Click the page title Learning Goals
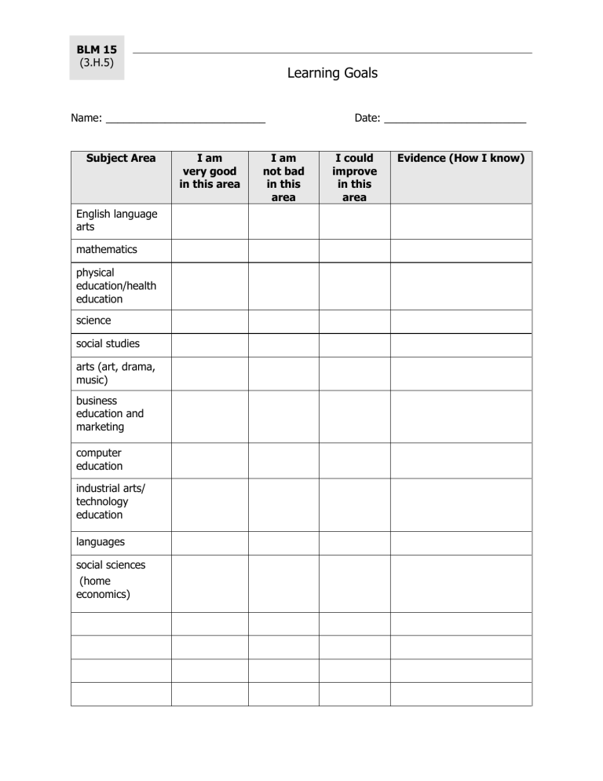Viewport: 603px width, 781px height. coord(332,73)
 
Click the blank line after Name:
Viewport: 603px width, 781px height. coord(185,119)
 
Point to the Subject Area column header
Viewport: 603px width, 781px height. coord(121,158)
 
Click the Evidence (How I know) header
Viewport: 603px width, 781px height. coord(461,158)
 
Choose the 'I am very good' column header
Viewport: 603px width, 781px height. coord(210,171)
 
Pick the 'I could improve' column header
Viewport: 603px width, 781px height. coord(354,178)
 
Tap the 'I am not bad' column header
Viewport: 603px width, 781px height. coord(283,178)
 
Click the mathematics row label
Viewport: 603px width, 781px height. coord(107,250)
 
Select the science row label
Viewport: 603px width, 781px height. coord(93,321)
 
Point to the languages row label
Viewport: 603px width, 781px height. coord(100,541)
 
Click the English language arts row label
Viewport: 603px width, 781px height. coord(116,220)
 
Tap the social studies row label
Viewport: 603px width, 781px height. coord(108,344)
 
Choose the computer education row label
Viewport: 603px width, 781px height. coord(99,460)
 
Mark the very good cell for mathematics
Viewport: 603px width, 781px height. coord(210,251)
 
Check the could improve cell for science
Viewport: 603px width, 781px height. coord(354,321)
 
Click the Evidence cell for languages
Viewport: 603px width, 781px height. coord(461,542)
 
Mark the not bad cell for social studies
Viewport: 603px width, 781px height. coord(283,345)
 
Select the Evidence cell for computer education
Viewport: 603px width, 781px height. coord(461,460)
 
